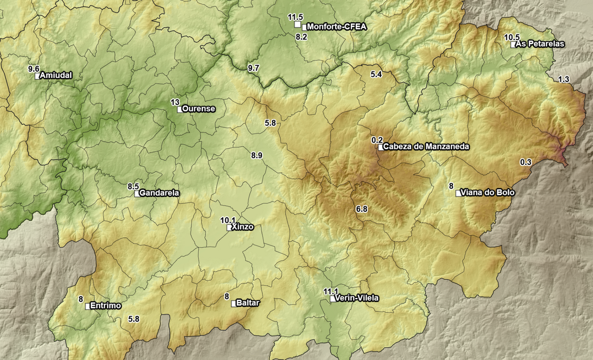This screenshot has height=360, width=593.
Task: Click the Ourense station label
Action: tap(199, 109)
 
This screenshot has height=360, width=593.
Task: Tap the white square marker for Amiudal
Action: tap(38, 76)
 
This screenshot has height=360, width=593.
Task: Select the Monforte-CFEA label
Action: tap(337, 27)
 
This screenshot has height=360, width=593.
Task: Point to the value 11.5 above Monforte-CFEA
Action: tap(295, 17)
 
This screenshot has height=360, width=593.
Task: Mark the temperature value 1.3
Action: tap(563, 79)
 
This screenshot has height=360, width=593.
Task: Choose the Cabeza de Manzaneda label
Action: tap(426, 147)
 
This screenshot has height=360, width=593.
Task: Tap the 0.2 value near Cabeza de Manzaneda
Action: tap(377, 140)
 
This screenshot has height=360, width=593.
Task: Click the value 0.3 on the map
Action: tap(526, 162)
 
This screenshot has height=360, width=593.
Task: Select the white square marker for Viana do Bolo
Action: tap(459, 193)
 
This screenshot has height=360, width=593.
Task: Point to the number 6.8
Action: tap(361, 209)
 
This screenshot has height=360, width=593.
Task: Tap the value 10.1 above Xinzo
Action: tap(228, 220)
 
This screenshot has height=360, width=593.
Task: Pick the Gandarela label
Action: tap(159, 193)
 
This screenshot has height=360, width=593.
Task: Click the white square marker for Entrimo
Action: tap(88, 306)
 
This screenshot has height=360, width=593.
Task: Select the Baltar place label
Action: tap(248, 303)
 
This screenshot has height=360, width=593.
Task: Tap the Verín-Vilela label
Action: tap(357, 298)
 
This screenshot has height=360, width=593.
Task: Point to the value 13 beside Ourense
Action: tap(175, 102)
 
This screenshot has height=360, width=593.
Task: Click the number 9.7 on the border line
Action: tap(253, 68)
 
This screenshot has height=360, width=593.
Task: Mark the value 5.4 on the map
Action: tap(376, 74)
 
